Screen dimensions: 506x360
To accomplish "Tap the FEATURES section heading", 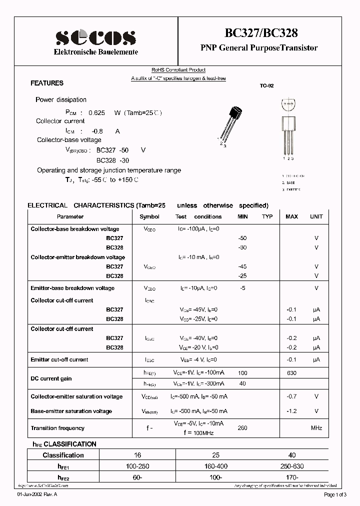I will (47, 83).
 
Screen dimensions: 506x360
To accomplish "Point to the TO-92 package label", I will (266, 86).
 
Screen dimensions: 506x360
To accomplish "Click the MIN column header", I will (242, 216).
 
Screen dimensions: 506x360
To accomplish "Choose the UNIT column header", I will (316, 216).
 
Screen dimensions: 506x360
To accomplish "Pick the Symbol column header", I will (149, 216).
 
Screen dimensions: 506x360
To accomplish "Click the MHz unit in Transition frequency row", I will (316, 428).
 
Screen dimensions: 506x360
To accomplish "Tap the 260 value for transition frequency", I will (243, 428).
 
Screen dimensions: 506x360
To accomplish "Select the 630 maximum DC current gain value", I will (291, 373).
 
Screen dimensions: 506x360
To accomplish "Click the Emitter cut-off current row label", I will (59, 359).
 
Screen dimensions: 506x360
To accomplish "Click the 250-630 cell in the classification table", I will (292, 466).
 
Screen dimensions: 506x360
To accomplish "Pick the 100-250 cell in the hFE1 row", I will (137, 466).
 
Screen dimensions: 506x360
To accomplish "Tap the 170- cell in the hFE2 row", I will (292, 477).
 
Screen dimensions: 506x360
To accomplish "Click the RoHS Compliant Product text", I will (178, 70).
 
